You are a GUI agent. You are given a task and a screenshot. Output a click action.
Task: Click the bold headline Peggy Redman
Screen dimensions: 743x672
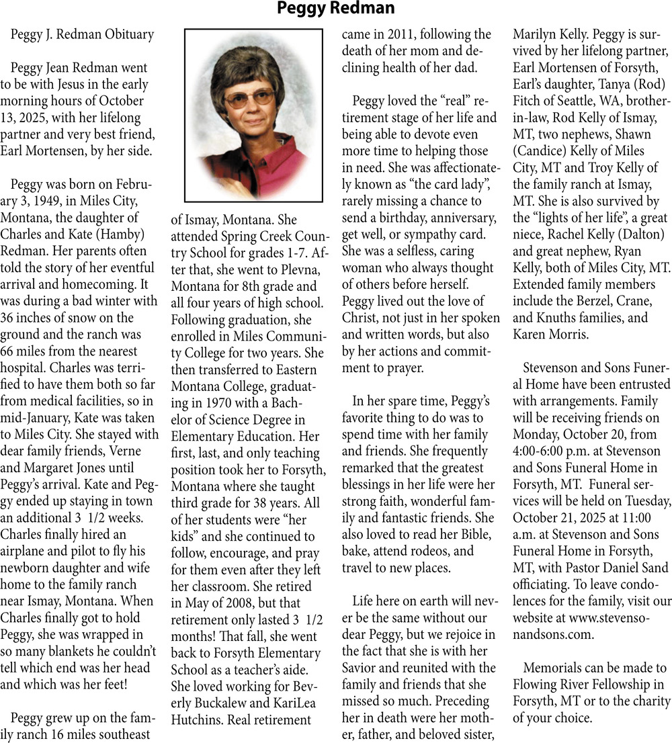(336, 9)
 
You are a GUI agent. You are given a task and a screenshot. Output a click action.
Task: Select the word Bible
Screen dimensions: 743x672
(474, 533)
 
